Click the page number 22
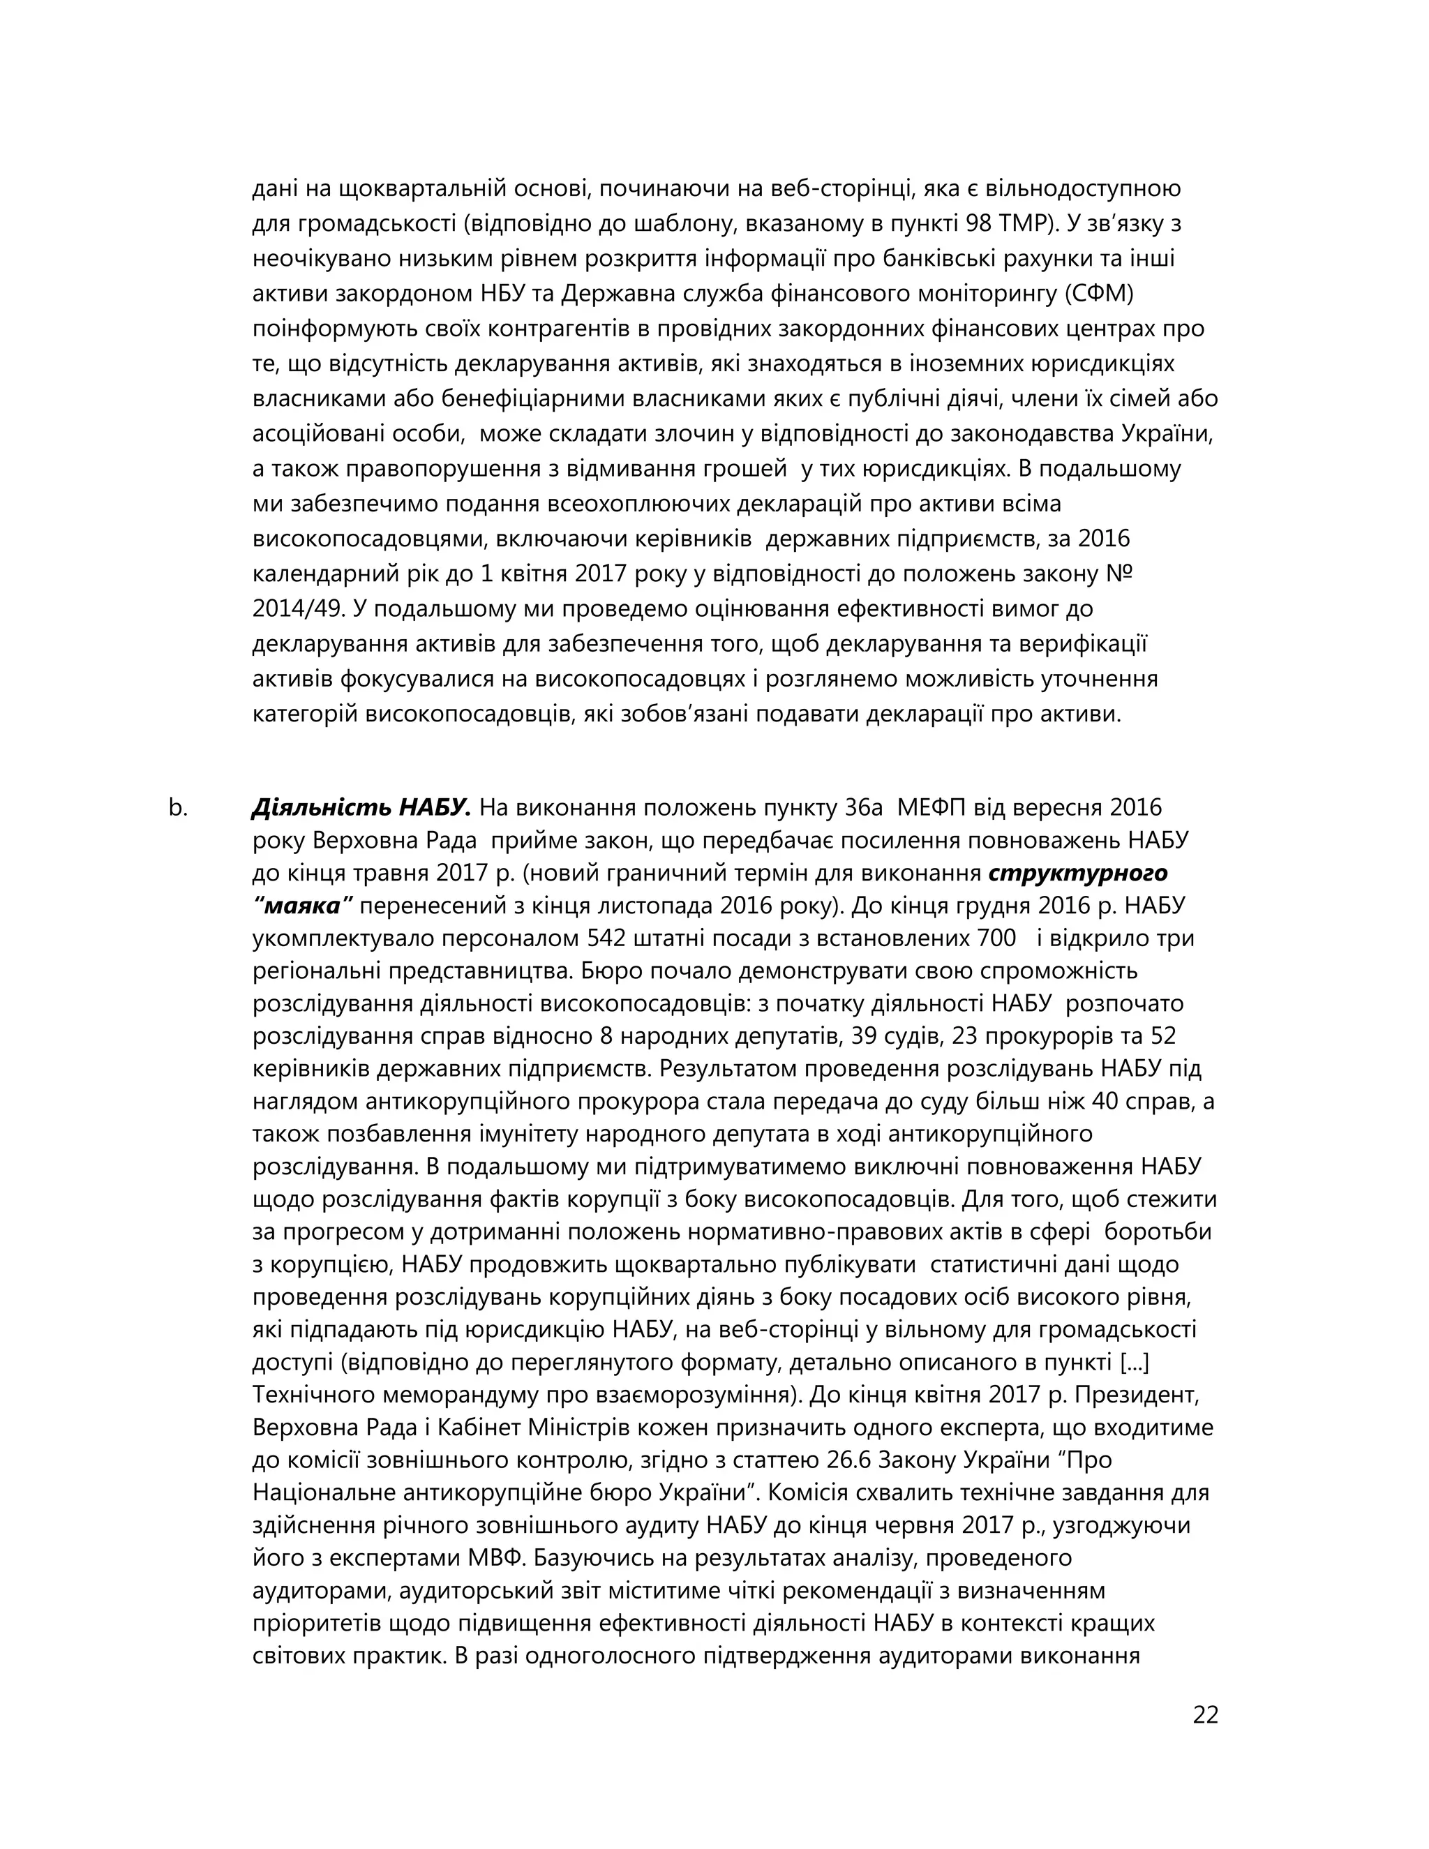point(1204,1715)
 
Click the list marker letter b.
point(178,808)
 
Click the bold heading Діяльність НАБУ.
point(361,808)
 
